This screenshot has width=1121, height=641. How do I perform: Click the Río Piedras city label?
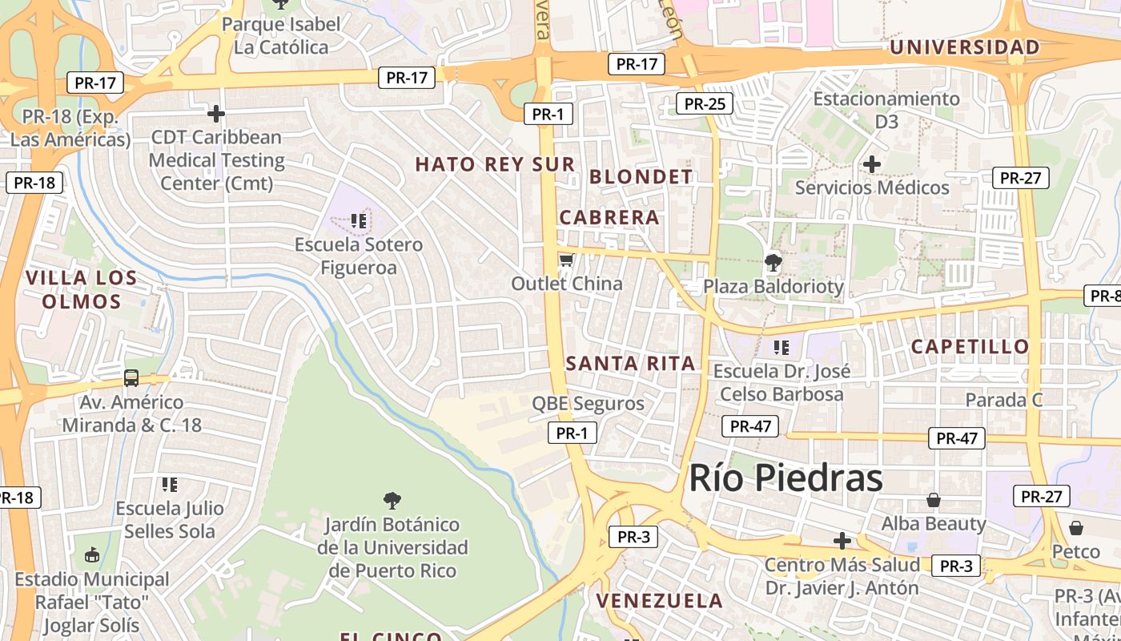coord(786,478)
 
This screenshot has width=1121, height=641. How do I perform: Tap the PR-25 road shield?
coord(705,103)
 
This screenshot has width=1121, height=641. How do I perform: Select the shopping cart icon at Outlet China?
coord(566,260)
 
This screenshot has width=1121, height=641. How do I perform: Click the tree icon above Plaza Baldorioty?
coord(773,262)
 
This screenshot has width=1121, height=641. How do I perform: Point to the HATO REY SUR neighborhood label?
coord(495,165)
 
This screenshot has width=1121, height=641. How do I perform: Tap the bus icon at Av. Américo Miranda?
coord(131,377)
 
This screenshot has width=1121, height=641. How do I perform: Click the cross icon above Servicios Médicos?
coord(871,164)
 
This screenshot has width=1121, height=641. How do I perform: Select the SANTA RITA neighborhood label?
coord(630,363)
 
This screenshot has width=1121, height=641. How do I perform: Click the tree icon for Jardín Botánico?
coord(392,502)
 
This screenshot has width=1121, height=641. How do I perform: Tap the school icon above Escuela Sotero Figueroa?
coord(358,220)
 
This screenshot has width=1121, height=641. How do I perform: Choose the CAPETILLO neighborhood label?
coord(970,347)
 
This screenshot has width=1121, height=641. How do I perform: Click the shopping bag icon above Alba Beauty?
coord(933,500)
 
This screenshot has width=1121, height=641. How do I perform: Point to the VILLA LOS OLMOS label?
coord(82,289)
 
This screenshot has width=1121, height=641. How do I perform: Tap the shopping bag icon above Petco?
coord(1076,528)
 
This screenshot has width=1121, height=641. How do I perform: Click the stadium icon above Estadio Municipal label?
coord(92,554)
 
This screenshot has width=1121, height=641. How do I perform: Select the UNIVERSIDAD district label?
coord(964,47)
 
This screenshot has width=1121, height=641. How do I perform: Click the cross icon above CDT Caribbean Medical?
coord(215,113)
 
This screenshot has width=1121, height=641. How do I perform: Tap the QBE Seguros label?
coord(588,403)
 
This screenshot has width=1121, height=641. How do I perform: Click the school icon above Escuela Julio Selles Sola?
coord(169,484)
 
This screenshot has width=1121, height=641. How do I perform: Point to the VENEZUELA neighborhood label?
coord(659,600)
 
